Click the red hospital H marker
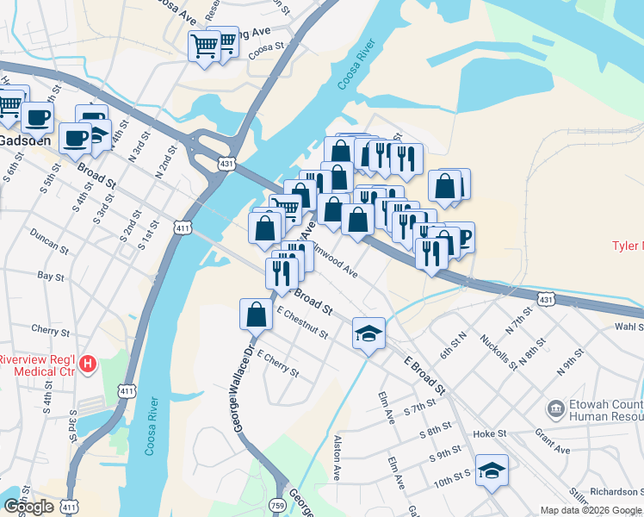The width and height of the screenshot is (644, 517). coord(87,365)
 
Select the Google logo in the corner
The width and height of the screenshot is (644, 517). coord(28,507)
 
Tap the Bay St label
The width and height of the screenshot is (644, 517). coord(51,277)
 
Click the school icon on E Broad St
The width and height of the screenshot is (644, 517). coord(368,333)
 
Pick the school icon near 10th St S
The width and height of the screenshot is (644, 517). coord(492,470)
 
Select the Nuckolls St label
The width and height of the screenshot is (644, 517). coord(498,352)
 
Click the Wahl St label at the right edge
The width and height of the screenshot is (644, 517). coord(629,327)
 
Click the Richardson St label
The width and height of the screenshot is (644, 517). coord(615,492)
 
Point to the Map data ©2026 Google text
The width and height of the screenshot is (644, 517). coord(591,510)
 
